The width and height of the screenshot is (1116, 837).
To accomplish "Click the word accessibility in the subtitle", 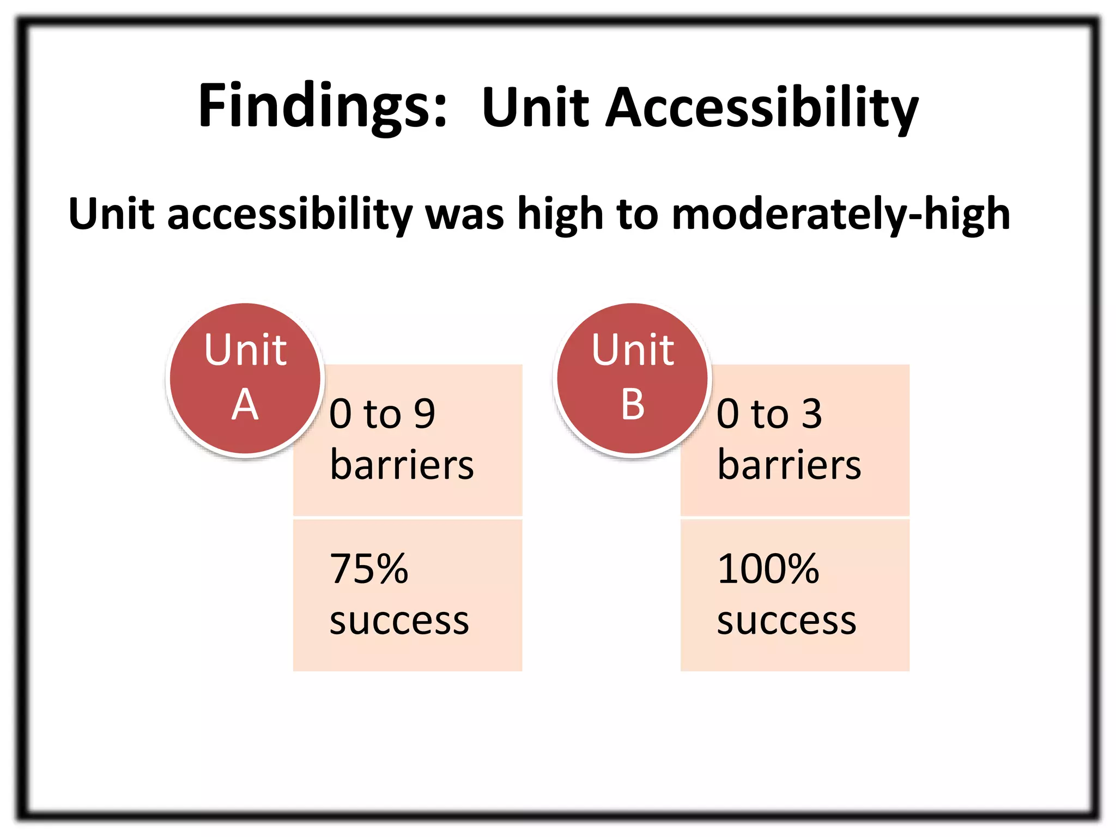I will (x=289, y=214).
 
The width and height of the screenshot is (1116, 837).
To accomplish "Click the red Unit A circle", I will (x=245, y=378).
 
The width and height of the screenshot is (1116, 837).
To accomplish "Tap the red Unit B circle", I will (x=632, y=378).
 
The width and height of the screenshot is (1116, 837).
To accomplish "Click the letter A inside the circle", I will (x=245, y=404).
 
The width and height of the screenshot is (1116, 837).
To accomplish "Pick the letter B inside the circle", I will (x=633, y=404).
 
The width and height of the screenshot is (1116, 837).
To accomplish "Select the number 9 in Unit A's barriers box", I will (x=424, y=414).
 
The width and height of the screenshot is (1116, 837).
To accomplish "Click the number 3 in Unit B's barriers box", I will (x=811, y=414).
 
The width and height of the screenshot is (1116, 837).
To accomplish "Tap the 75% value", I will (x=369, y=569).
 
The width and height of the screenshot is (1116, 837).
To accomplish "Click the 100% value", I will (x=768, y=569).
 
